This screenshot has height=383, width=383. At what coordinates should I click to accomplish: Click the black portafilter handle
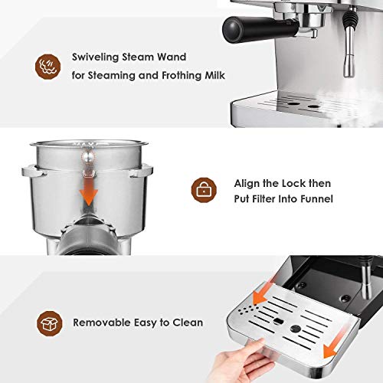pyautogui.click(x=241, y=28)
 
